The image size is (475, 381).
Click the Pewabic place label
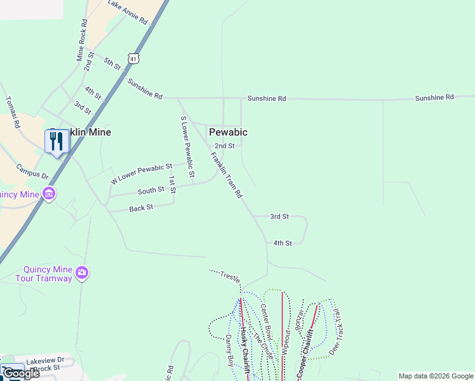coord(228,132)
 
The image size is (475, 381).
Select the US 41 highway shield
coord(133,58)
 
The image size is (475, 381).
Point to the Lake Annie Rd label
coord(128,13)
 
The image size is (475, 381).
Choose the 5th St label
coord(112,63)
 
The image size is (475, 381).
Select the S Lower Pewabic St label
coord(187,146)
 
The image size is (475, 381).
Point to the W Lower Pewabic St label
coord(142,173)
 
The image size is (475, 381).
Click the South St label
coord(151,190)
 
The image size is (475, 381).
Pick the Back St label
coord(141,208)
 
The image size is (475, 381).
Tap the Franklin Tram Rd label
coord(227,175)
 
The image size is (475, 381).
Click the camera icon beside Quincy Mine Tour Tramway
coord(81,273)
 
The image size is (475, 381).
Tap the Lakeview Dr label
coord(45,360)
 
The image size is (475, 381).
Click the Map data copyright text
coord(435,376)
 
